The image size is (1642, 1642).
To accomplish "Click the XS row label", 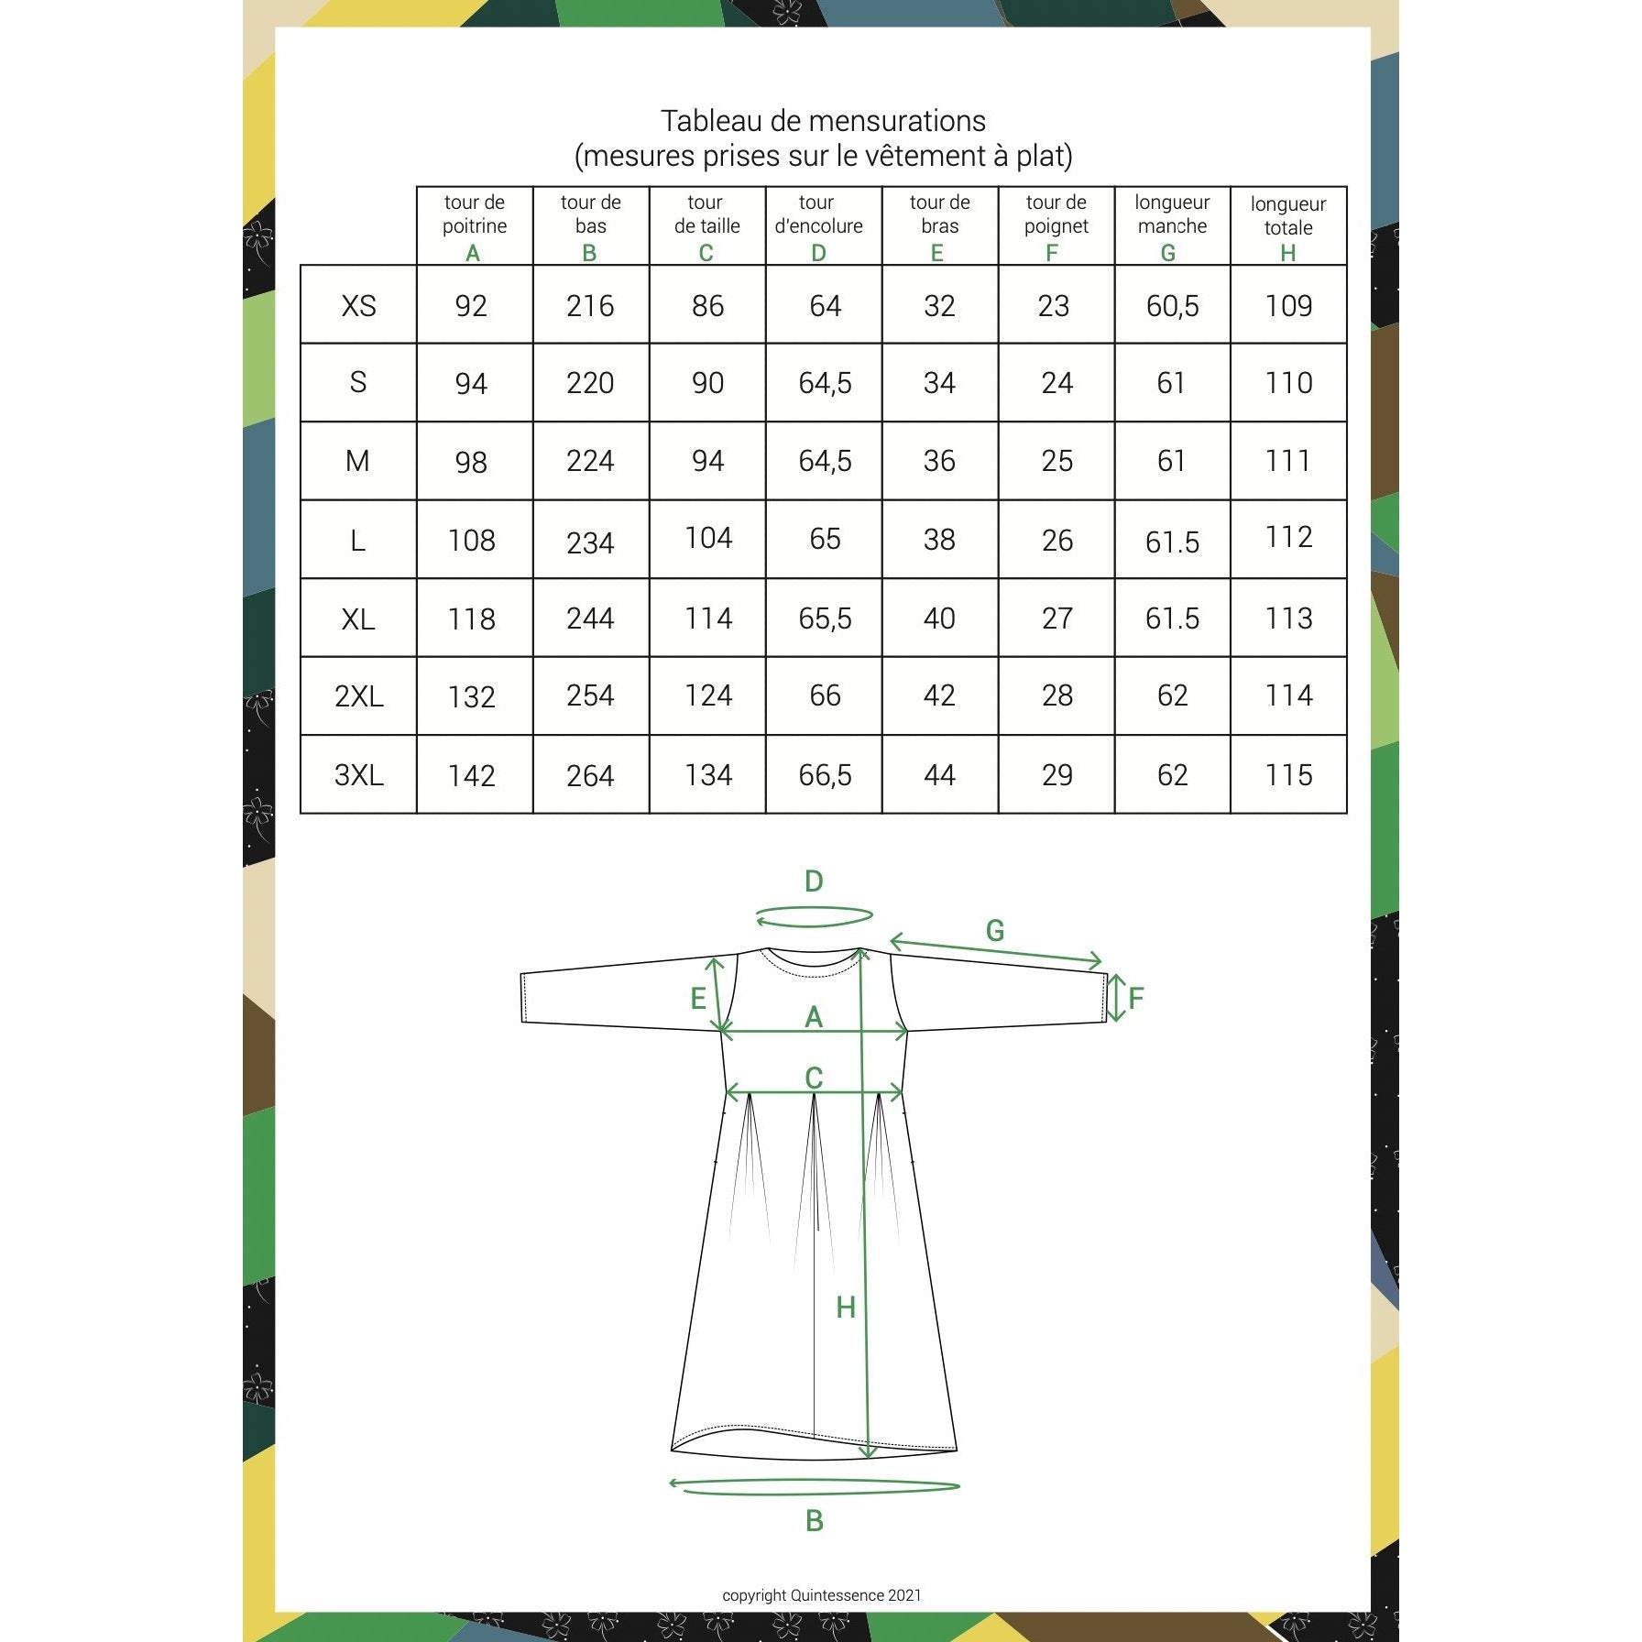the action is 358,305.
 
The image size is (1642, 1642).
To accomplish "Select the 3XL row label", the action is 358,775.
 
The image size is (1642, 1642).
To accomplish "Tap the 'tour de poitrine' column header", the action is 475,214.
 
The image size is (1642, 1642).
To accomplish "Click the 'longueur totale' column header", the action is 1288,216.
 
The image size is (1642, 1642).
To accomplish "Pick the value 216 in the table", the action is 590,305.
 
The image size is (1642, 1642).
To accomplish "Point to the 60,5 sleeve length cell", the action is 1172,306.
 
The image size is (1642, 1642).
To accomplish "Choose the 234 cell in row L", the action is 590,542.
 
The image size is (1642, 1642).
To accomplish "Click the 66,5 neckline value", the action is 825,776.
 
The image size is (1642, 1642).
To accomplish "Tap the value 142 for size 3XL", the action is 472,776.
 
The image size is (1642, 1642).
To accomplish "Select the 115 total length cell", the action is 1288,775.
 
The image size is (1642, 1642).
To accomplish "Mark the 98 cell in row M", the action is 471,462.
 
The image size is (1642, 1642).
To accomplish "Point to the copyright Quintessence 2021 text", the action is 822,1595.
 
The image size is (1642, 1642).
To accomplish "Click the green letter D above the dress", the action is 814,881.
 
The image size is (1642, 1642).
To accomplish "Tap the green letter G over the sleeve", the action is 995,931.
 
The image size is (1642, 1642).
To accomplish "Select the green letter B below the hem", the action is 814,1521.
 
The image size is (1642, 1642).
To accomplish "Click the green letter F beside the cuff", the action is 1136,998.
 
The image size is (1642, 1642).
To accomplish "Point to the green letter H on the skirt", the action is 846,1308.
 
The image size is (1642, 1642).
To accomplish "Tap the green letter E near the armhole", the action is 697,998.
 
